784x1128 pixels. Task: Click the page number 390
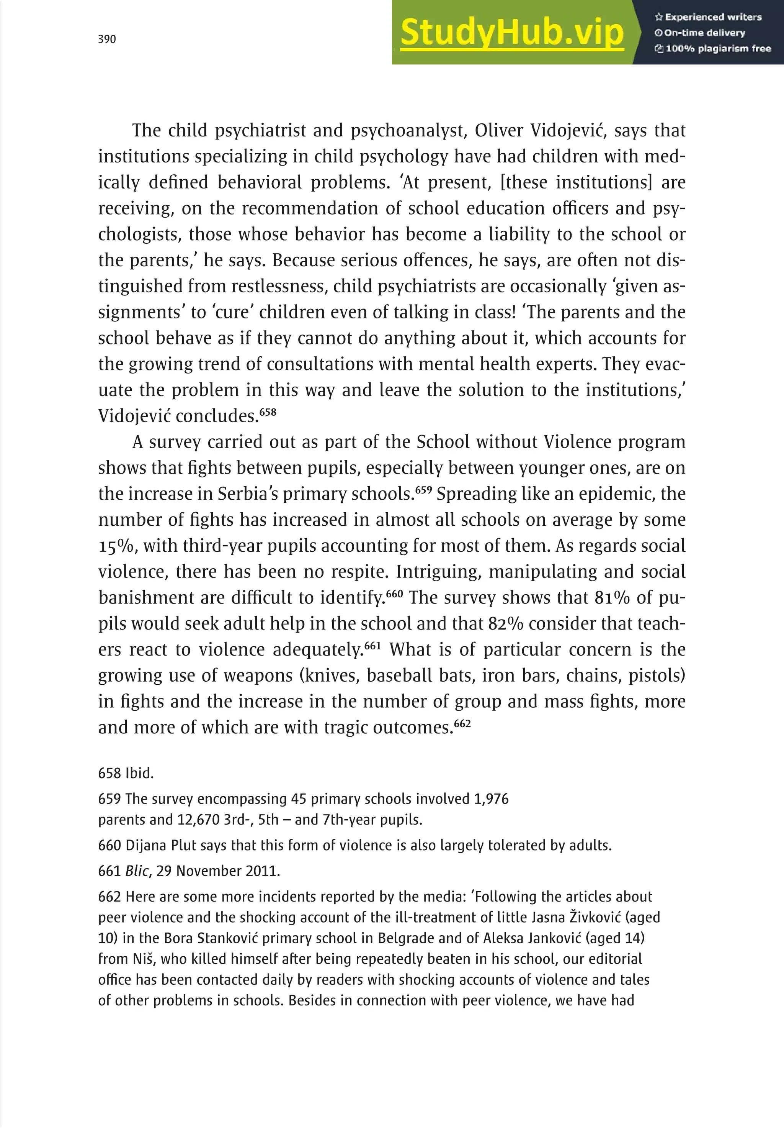[107, 39]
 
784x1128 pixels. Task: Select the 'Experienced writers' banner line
[708, 17]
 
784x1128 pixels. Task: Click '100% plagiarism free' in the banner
[713, 49]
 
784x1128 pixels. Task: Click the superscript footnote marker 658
[268, 412]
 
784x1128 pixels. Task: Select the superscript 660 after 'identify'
[394, 594]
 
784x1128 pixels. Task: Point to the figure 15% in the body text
[116, 546]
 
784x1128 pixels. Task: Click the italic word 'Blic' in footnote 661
[137, 871]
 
